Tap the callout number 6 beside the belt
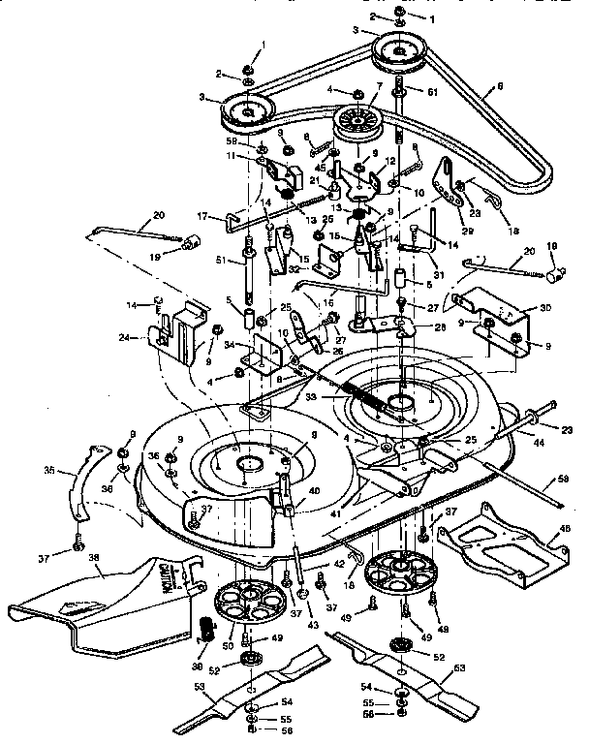point(500,86)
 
